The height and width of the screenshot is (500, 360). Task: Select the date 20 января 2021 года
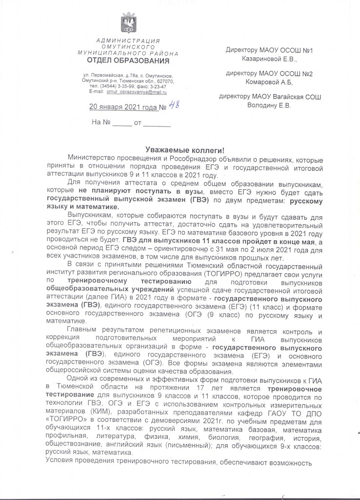click(124, 107)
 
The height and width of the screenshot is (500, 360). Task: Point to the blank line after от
click(157, 124)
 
